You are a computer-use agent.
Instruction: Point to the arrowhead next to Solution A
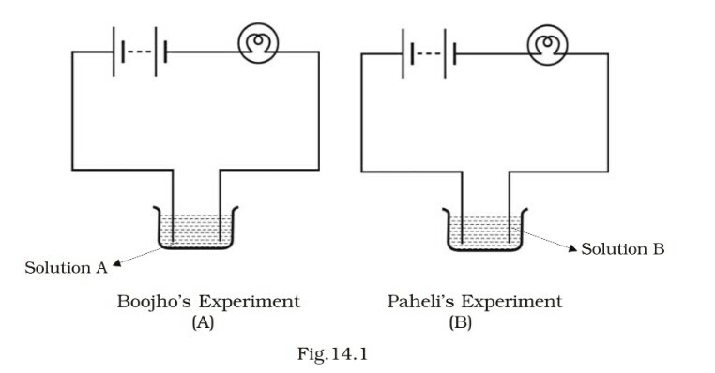point(116,265)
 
